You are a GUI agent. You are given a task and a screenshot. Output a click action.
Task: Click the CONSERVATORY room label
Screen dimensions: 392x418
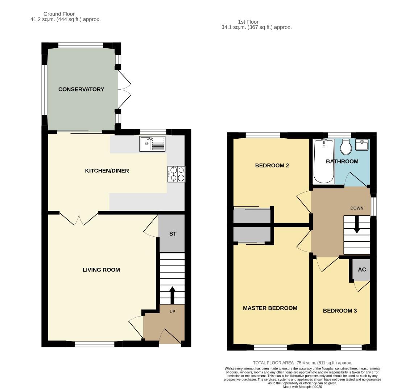(x=81, y=89)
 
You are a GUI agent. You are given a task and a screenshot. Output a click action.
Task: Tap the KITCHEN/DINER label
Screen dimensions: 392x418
(x=107, y=171)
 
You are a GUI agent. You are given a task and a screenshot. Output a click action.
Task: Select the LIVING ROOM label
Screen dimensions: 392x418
(x=101, y=270)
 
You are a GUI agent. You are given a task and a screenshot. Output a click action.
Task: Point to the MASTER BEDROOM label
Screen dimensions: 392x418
(x=270, y=308)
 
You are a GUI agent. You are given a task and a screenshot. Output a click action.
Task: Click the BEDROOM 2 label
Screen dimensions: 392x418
(x=272, y=166)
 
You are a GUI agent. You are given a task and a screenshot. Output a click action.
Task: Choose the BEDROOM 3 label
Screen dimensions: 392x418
(x=340, y=311)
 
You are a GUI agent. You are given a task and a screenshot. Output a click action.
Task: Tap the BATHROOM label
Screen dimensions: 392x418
(x=342, y=162)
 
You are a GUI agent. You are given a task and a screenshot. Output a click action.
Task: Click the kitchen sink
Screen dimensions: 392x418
(x=152, y=144)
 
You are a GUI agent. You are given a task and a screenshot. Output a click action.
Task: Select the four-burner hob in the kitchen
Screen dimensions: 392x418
(x=176, y=174)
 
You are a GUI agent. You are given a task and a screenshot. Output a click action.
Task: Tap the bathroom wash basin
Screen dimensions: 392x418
(x=362, y=145)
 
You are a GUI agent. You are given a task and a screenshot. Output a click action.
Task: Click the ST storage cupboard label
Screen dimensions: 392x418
(x=173, y=234)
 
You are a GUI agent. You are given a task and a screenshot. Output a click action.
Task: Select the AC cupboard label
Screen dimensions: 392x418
(x=362, y=270)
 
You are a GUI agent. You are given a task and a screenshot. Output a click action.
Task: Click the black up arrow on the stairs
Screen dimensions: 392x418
(x=172, y=294)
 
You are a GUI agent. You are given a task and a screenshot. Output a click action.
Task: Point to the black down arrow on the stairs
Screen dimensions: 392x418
(x=357, y=225)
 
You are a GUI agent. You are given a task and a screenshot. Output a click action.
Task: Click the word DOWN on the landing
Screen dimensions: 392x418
(x=357, y=208)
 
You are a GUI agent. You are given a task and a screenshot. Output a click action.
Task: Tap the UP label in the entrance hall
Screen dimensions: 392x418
(x=172, y=311)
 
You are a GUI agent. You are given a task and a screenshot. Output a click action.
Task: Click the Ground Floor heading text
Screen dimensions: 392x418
(x=59, y=14)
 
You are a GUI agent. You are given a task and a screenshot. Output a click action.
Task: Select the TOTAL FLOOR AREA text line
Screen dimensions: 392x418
(x=302, y=363)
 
